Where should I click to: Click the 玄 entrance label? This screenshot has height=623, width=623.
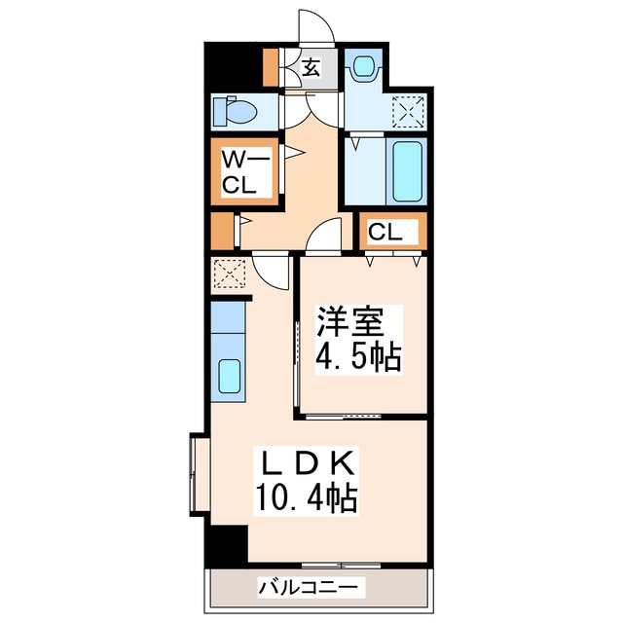point(310,68)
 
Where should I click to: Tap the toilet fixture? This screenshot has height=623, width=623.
point(237,112)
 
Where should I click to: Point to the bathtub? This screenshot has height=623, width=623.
point(405,172)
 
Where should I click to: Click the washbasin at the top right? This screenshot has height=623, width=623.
point(364,66)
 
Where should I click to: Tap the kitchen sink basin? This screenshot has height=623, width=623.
point(230,375)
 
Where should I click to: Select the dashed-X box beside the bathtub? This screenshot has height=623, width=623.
point(407,111)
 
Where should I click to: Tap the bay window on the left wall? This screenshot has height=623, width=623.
point(199,473)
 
